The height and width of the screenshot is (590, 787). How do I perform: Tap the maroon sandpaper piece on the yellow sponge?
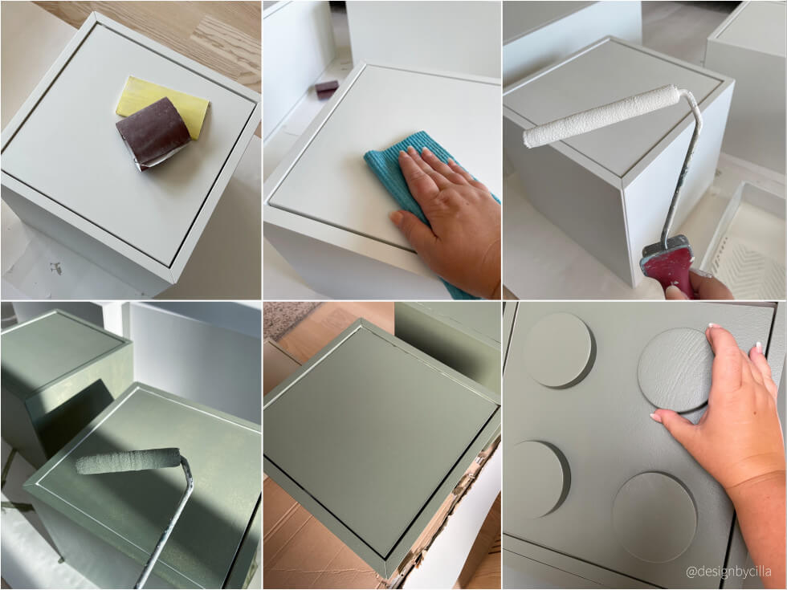click(153, 134)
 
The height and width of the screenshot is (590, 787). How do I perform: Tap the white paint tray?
click(746, 241)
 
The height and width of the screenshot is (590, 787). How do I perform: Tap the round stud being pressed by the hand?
click(675, 370)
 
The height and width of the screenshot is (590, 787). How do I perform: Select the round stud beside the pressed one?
click(559, 350)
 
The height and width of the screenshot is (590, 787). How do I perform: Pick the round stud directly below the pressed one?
click(654, 517)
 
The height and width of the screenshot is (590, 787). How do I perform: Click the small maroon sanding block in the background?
click(326, 89)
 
